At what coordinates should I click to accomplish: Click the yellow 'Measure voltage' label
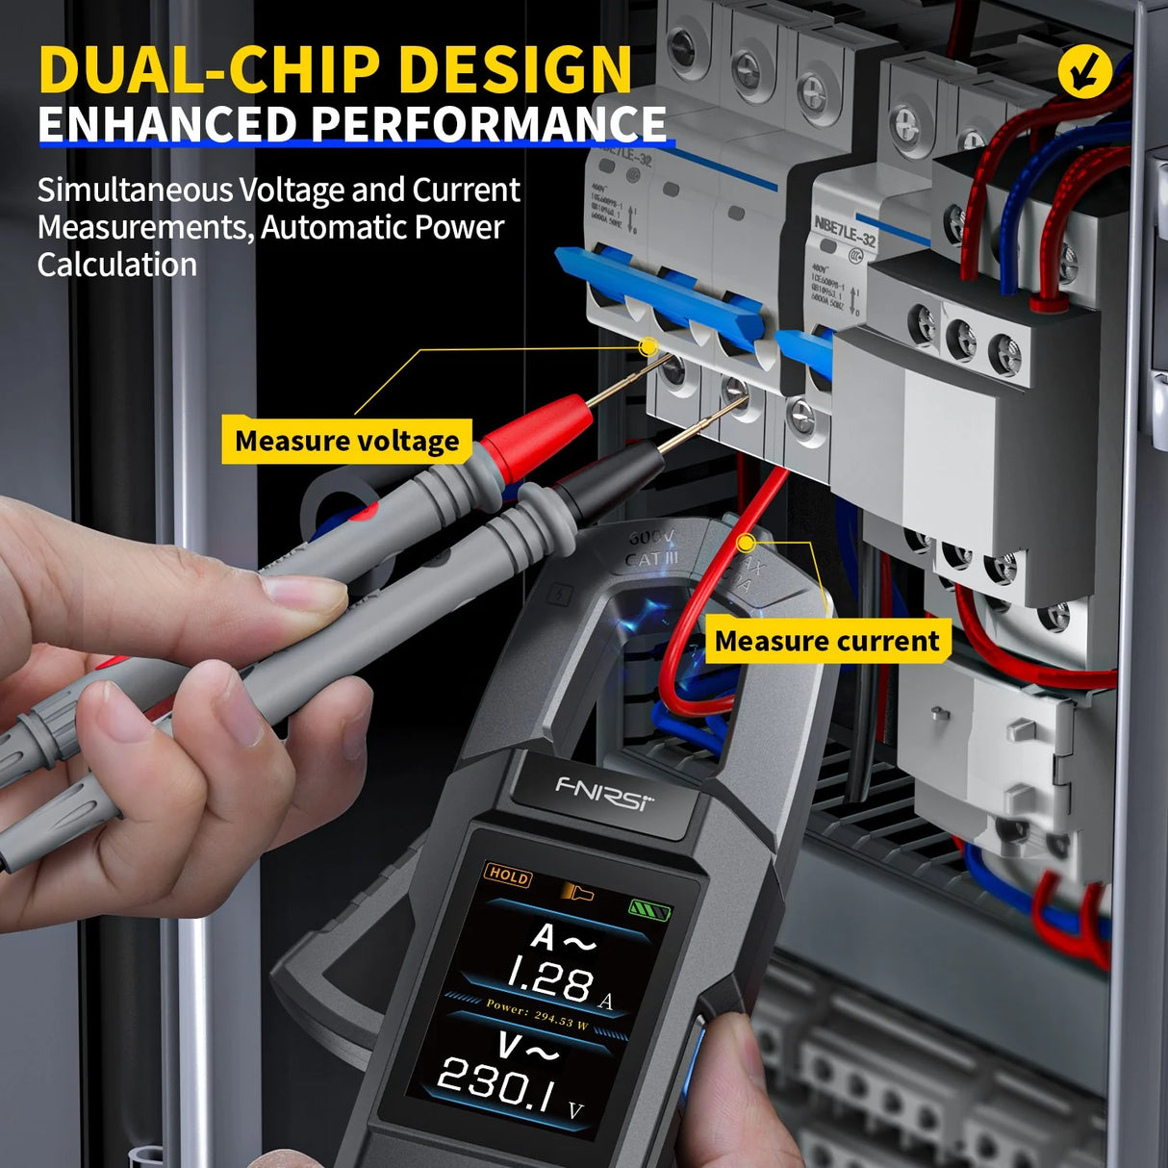point(346,441)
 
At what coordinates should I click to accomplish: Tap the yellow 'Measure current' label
point(826,641)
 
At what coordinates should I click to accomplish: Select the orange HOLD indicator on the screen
point(508,875)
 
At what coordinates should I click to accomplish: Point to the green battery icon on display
point(649,908)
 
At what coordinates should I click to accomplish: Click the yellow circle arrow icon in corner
point(1084,71)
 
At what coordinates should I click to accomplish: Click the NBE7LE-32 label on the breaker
point(845,229)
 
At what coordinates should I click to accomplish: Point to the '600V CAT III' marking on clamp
point(651,549)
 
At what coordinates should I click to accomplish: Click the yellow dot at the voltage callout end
point(648,345)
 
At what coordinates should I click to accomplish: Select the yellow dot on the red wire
point(745,544)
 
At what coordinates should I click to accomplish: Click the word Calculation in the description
point(117,265)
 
